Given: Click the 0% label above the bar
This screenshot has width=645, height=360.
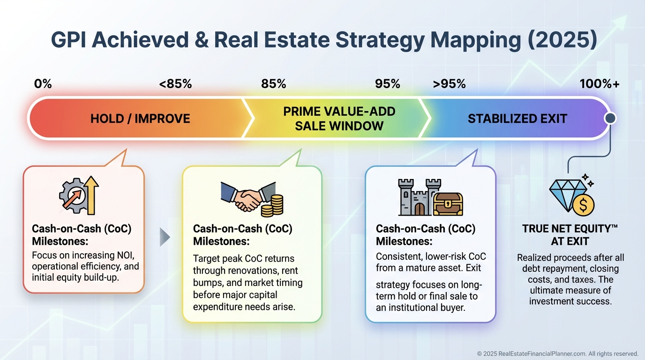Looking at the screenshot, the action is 43,84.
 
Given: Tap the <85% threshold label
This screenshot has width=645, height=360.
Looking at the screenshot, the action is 175,84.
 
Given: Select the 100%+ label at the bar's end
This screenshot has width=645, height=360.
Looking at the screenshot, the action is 600,84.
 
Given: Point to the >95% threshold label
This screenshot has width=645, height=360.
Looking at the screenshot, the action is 449,84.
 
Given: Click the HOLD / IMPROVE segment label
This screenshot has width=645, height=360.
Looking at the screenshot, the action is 140,119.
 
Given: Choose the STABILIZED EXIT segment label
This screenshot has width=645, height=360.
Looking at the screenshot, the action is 517,119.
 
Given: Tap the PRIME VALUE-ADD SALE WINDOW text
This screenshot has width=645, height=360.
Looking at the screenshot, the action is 339,119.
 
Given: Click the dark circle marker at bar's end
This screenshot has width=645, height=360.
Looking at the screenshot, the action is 610,118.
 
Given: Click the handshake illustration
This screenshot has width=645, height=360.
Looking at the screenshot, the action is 247,196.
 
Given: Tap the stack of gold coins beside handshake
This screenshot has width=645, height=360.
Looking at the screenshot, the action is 272,206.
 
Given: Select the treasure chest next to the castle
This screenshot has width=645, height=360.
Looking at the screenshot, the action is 448,204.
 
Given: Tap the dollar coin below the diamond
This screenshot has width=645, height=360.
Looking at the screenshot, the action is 584,205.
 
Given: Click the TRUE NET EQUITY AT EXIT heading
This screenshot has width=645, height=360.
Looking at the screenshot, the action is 570,235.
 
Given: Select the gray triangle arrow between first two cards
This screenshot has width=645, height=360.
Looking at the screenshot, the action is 165,237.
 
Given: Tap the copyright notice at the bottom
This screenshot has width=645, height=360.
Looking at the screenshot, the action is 557,353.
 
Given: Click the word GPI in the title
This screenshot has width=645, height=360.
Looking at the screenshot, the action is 68,40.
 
